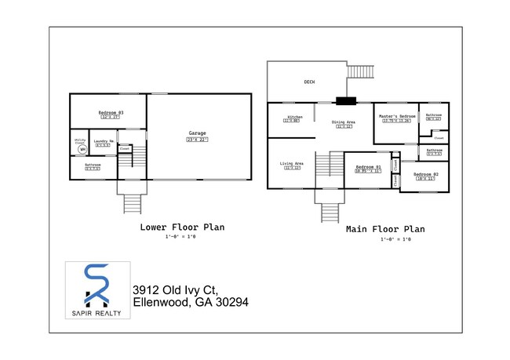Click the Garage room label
(197, 133)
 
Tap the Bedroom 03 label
(111, 113)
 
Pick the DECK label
(309, 82)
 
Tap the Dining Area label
(344, 122)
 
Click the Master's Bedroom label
(395, 116)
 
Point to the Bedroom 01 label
(368, 166)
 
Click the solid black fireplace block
(344, 100)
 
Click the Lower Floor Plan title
(182, 227)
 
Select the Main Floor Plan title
(385, 230)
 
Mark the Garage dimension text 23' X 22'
(197, 140)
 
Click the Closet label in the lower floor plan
(125, 147)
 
